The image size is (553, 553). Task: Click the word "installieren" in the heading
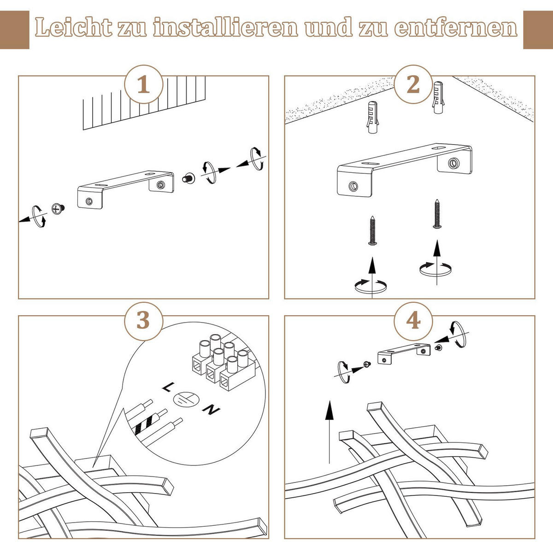(x=226, y=28)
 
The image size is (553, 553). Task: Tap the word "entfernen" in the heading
(x=456, y=28)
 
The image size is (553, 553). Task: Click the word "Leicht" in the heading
(x=74, y=28)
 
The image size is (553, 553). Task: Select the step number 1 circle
(x=144, y=85)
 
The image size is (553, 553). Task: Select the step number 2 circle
(x=413, y=85)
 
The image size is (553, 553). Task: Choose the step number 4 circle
(x=413, y=320)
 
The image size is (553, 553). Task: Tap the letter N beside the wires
(x=211, y=409)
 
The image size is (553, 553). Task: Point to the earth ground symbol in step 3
(x=186, y=399)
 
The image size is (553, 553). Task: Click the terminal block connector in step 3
(x=223, y=362)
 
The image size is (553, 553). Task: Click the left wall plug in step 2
(x=372, y=117)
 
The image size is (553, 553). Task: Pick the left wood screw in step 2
(x=372, y=230)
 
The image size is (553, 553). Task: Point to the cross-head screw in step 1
(x=58, y=209)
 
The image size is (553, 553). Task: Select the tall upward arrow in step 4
(x=329, y=431)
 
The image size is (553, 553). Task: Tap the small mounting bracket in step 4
(x=403, y=353)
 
